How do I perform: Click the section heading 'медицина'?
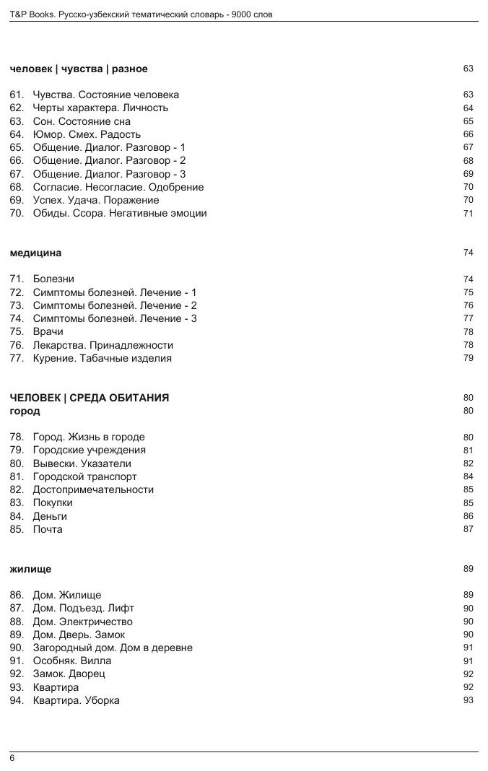(x=36, y=253)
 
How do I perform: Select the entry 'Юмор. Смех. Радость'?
(x=87, y=134)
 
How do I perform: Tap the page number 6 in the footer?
(x=12, y=757)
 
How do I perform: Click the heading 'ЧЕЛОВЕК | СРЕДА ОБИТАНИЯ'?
(x=90, y=398)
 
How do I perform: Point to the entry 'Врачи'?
(x=48, y=332)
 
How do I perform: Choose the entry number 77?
(x=17, y=358)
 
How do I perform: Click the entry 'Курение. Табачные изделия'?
(x=102, y=358)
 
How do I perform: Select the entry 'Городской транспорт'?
(x=84, y=476)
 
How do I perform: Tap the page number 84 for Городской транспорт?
(x=468, y=476)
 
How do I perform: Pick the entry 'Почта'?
(x=48, y=529)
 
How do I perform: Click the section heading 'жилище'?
(x=30, y=569)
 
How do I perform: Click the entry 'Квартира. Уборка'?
(x=76, y=700)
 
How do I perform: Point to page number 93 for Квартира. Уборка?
(x=468, y=700)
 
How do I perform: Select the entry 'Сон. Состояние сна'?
(x=82, y=121)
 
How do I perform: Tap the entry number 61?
(x=17, y=95)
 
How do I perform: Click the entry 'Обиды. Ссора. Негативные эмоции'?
(x=120, y=213)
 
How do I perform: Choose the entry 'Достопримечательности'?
(x=93, y=489)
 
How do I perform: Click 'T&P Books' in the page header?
(x=32, y=14)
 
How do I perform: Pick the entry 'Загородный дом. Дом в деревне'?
(x=113, y=648)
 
